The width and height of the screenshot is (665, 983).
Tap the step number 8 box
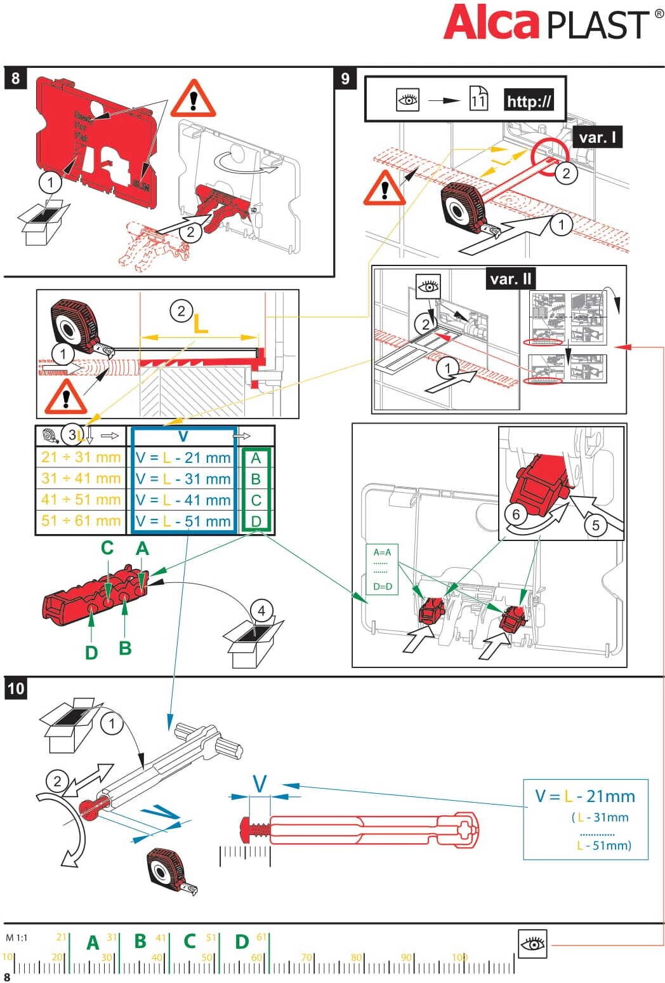[x=15, y=78]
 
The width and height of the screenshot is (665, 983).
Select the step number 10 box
[x=15, y=689]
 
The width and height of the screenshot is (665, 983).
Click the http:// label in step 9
[x=529, y=100]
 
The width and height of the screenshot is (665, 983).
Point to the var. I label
[x=597, y=137]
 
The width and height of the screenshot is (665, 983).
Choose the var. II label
[x=511, y=279]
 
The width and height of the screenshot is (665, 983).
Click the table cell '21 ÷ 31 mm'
[x=81, y=457]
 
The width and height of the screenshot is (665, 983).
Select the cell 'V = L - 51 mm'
[x=183, y=521]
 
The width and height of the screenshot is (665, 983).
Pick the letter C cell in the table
[x=256, y=500]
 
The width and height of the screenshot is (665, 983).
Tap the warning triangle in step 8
[x=193, y=99]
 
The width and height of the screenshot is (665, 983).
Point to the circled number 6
[x=517, y=514]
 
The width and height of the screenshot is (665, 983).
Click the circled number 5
[x=595, y=525]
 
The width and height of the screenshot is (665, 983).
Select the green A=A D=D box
[x=382, y=569]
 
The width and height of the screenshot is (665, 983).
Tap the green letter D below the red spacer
[x=91, y=652]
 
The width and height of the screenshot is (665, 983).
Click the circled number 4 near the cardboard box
[x=261, y=611]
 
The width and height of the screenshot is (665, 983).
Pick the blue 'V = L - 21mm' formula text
[x=584, y=796]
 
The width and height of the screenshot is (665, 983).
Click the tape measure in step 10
[x=171, y=871]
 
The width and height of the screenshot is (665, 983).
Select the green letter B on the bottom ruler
[x=140, y=941]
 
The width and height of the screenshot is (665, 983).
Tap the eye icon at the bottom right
[x=532, y=944]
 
